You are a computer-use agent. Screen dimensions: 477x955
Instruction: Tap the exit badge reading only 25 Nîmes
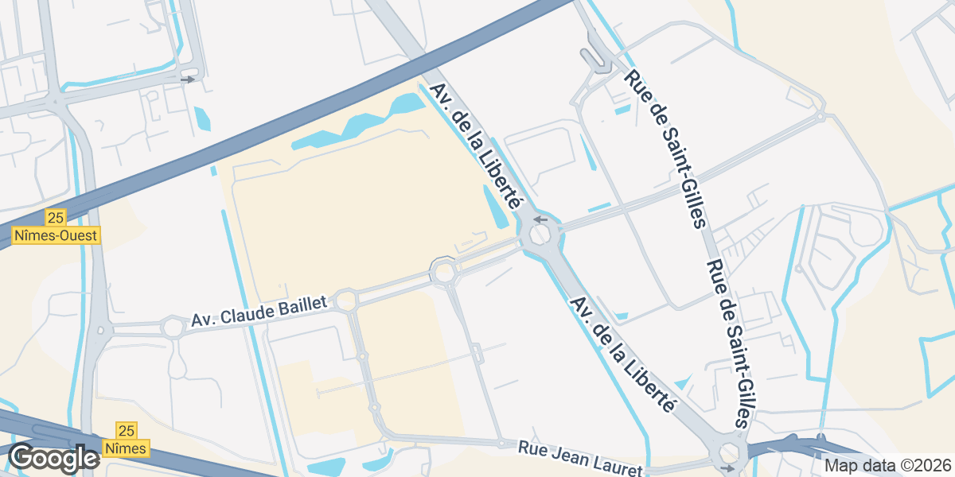126,439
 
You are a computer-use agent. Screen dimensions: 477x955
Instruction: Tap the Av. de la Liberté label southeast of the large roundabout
623,355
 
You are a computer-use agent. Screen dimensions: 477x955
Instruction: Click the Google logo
53,458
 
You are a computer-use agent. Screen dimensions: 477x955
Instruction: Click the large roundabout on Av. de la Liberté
540,235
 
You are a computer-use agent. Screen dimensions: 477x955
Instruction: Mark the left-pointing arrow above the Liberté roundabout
541,219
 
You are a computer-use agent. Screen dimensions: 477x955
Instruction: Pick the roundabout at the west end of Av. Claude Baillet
173,327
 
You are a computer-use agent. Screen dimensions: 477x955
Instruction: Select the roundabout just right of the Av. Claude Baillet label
345,301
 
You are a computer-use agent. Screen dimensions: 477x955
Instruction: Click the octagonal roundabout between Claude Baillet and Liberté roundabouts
443,272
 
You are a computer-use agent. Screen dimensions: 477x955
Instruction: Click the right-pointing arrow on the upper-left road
188,79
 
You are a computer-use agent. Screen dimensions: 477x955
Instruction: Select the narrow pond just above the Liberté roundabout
493,204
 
